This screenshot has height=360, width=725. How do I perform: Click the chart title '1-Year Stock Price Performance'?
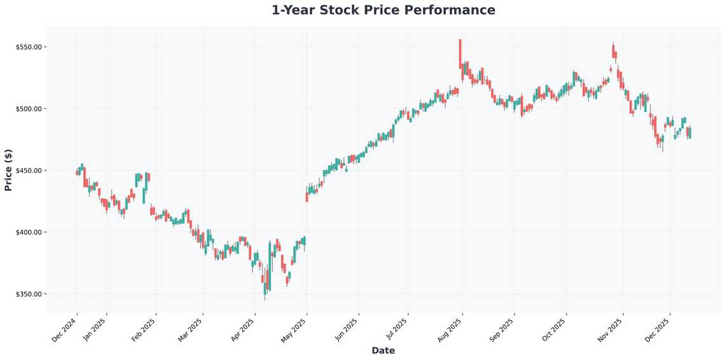coord(383,10)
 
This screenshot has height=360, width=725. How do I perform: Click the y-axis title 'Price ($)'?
coord(8,170)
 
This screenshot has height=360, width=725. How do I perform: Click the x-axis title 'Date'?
coord(383,350)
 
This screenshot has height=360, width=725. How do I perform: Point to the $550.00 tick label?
coord(29,47)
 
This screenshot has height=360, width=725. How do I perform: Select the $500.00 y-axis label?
coord(29,109)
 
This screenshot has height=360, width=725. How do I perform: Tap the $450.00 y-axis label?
coord(29,170)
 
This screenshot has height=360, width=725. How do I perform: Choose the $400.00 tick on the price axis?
coord(29,232)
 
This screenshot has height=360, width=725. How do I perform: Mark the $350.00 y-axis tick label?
coord(29,294)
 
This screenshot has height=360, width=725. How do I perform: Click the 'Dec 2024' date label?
coord(64,331)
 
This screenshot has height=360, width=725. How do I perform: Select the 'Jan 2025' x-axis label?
coord(95,331)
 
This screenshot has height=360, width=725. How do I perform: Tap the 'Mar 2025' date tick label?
coord(191,331)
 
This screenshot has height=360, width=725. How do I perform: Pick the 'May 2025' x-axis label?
coord(294,331)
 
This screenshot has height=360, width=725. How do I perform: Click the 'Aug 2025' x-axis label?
coord(450,331)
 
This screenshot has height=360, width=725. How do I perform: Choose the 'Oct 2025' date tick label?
coord(554,331)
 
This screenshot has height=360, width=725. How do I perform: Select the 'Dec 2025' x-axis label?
coord(658,331)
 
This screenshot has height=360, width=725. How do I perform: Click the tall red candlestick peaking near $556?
coord(460,54)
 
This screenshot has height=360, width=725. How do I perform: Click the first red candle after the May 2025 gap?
coord(307,197)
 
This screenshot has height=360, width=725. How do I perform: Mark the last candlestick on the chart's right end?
coord(690,132)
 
